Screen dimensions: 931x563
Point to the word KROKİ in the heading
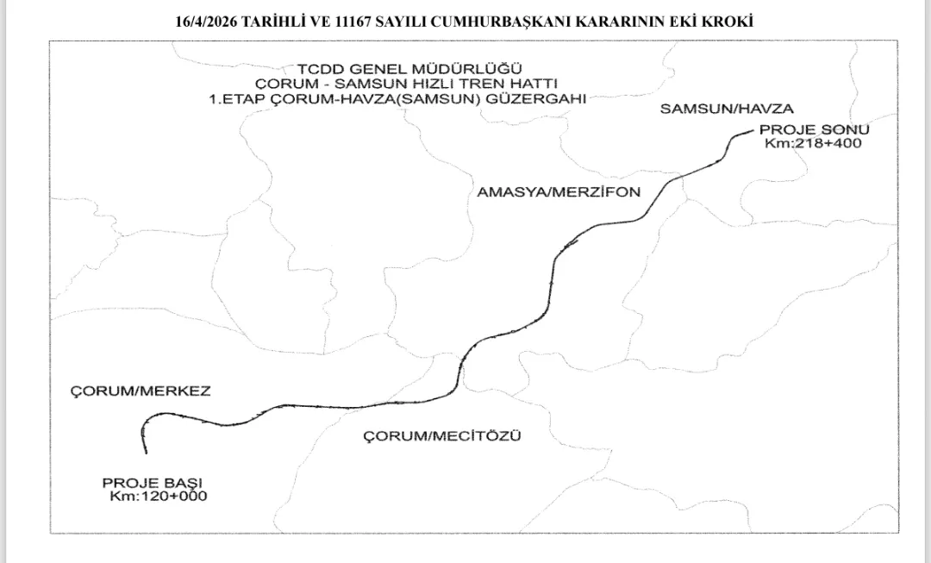pyautogui.click(x=728, y=22)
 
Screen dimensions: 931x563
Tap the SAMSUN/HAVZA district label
pyautogui.click(x=726, y=108)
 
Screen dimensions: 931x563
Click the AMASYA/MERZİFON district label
pyautogui.click(x=559, y=192)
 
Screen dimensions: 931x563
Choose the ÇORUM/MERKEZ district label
pyautogui.click(x=139, y=391)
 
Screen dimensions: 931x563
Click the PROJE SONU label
pyautogui.click(x=814, y=129)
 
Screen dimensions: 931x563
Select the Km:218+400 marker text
pyautogui.click(x=813, y=143)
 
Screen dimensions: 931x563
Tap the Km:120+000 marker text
pyautogui.click(x=159, y=497)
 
